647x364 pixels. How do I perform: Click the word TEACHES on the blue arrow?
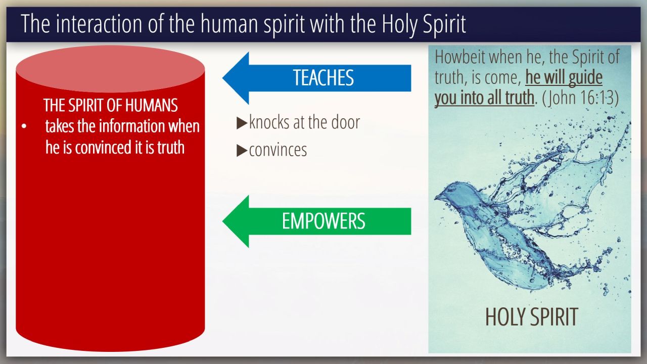tap(323, 78)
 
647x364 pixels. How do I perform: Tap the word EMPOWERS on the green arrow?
tap(323, 221)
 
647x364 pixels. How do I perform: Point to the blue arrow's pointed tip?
tap(223, 78)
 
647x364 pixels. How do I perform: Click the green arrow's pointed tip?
tap(223, 221)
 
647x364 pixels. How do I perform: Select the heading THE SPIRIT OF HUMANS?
tap(110, 105)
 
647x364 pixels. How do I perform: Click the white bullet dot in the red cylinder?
tap(24, 126)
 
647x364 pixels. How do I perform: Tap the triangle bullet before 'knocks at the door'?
tap(242, 123)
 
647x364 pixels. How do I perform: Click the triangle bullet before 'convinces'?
tap(242, 151)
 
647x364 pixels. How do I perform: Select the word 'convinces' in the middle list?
tap(278, 150)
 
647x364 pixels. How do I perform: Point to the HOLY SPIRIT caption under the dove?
tap(531, 317)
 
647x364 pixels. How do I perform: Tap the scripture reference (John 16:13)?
tap(580, 98)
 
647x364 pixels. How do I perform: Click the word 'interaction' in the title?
tap(99, 24)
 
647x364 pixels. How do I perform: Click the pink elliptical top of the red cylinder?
tap(110, 69)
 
